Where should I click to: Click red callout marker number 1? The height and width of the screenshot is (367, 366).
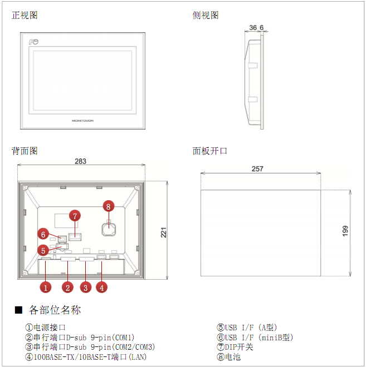click(x=46, y=287)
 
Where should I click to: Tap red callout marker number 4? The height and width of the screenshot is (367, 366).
click(x=101, y=287)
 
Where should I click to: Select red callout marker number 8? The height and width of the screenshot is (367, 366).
click(x=108, y=206)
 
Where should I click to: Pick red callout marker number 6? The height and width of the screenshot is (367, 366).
click(x=43, y=234)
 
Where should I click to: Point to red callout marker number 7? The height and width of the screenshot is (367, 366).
click(x=75, y=216)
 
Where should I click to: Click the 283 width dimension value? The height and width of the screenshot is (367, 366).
click(x=80, y=161)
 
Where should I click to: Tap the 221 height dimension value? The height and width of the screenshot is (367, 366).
click(x=163, y=232)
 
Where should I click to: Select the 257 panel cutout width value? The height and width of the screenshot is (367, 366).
click(x=257, y=168)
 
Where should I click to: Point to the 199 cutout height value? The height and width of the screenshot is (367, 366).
click(x=345, y=231)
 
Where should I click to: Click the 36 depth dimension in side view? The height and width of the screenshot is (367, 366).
click(x=253, y=28)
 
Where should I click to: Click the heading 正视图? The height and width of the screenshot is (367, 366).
click(x=25, y=15)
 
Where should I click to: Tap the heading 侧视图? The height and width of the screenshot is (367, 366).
click(x=206, y=15)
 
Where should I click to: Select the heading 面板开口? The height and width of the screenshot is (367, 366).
click(x=210, y=151)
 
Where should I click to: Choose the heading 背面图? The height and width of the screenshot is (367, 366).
click(x=25, y=151)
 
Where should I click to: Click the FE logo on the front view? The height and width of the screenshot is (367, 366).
click(x=33, y=42)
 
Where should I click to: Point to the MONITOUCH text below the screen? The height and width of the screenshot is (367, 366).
click(x=82, y=121)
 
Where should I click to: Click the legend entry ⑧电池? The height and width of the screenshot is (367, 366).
click(x=228, y=357)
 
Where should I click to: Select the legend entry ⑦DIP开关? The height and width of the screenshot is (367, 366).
click(x=235, y=347)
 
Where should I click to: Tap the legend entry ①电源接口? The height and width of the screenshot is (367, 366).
click(x=45, y=328)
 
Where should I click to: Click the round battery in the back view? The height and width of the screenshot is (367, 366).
click(x=109, y=229)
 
